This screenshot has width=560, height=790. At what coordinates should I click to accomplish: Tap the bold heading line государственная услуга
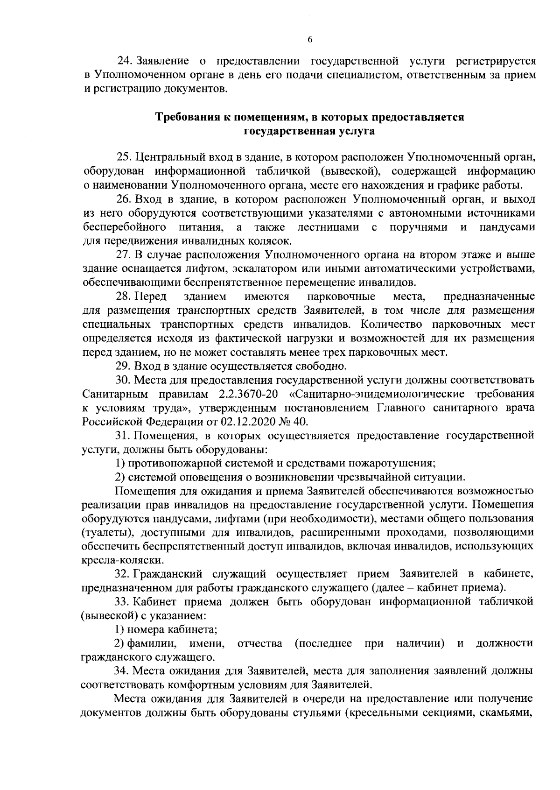pyautogui.click(x=310, y=131)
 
